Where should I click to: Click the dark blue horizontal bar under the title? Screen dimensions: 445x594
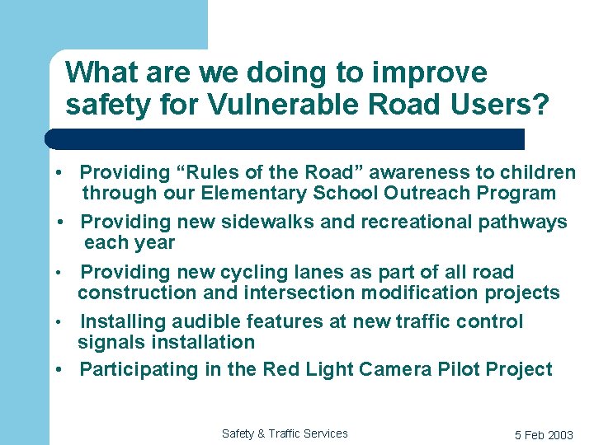[285, 138]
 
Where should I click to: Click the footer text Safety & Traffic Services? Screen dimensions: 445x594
[285, 433]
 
